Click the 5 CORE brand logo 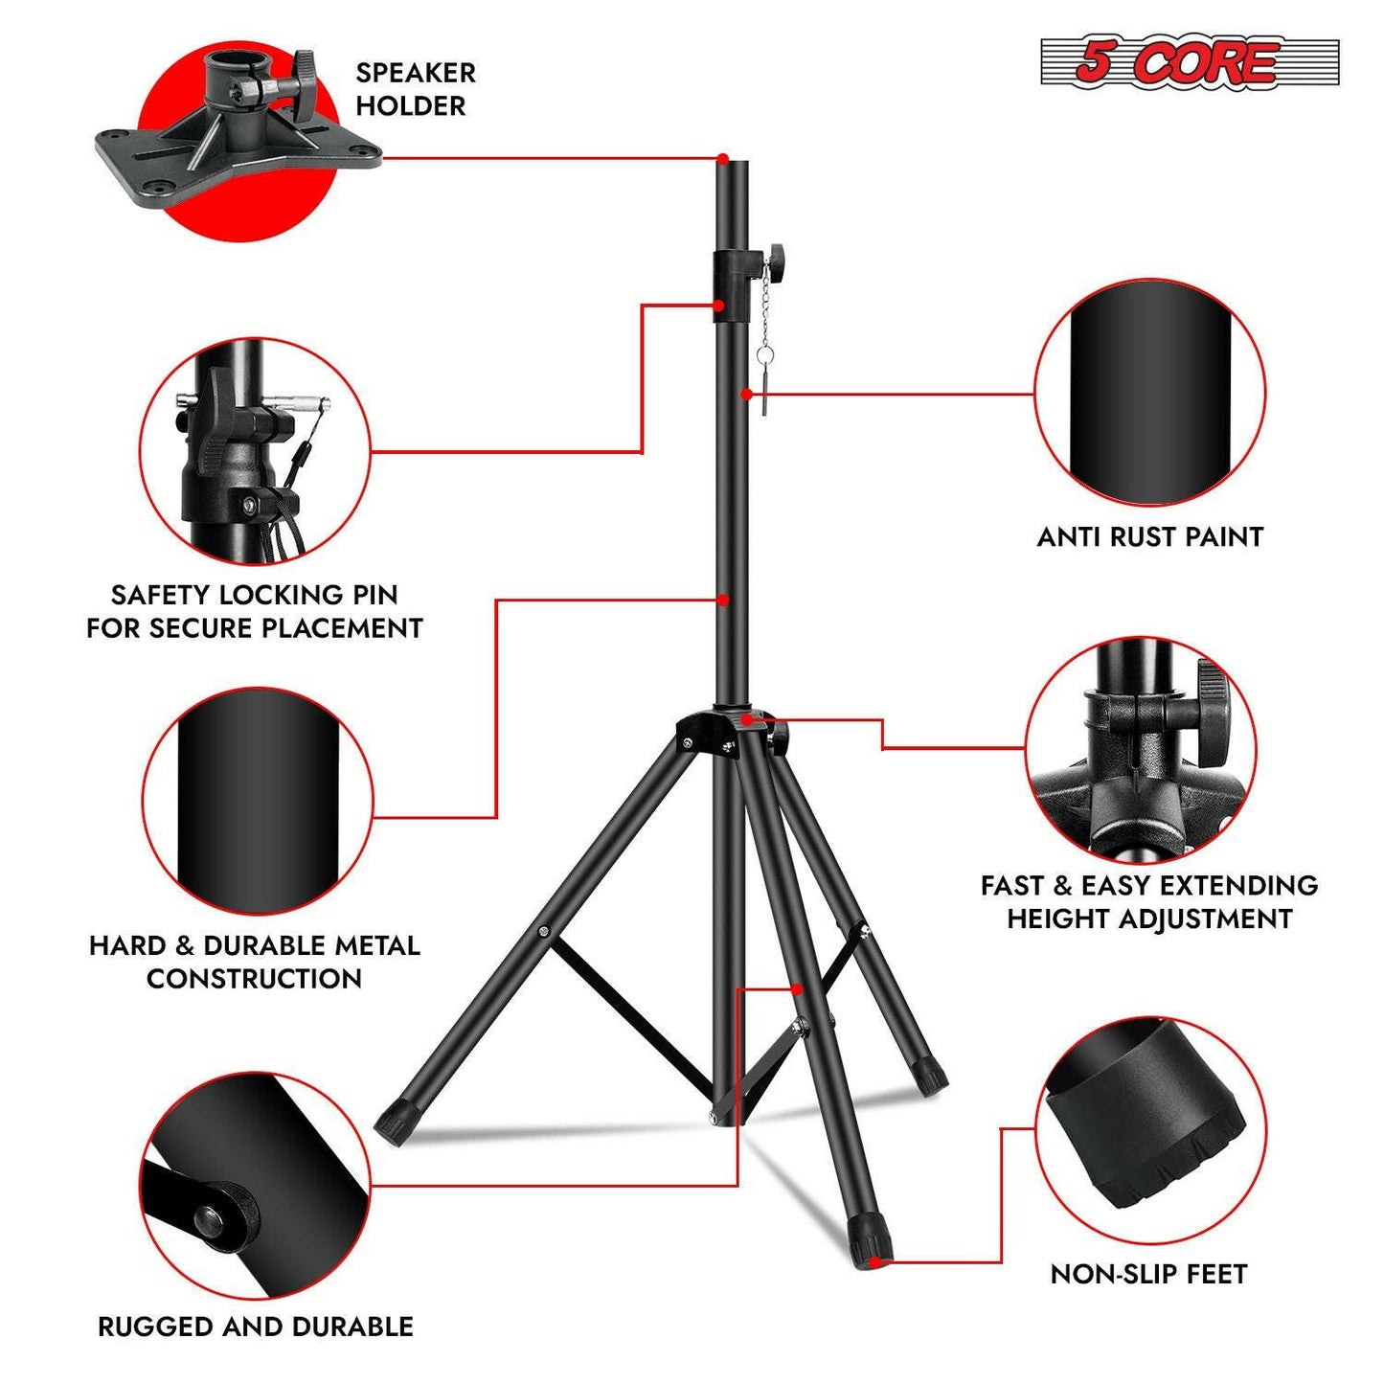(1189, 62)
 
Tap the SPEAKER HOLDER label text (415, 89)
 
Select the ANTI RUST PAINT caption (1149, 536)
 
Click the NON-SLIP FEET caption (1148, 1274)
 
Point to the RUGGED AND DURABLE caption (256, 1327)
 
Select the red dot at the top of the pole (723, 158)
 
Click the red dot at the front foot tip (882, 1262)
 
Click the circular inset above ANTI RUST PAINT (1149, 393)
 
